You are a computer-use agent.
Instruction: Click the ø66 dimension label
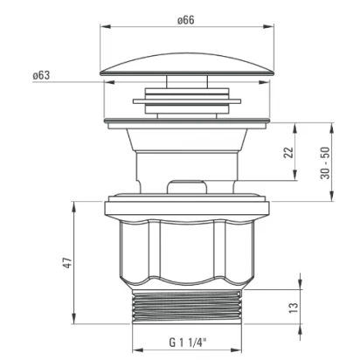coord(186,20)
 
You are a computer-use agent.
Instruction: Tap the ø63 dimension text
coord(41,75)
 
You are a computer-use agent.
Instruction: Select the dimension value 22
coord(288,152)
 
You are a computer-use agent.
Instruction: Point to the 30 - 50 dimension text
coord(325,163)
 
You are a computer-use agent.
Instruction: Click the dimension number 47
coord(67,263)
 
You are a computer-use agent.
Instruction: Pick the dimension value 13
coord(294,308)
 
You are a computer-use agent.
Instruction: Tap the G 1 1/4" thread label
coord(188,343)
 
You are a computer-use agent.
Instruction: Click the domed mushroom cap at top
coord(187,65)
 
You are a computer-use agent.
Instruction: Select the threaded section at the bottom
coord(187,307)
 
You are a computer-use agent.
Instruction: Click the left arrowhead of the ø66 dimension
coord(106,27)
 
